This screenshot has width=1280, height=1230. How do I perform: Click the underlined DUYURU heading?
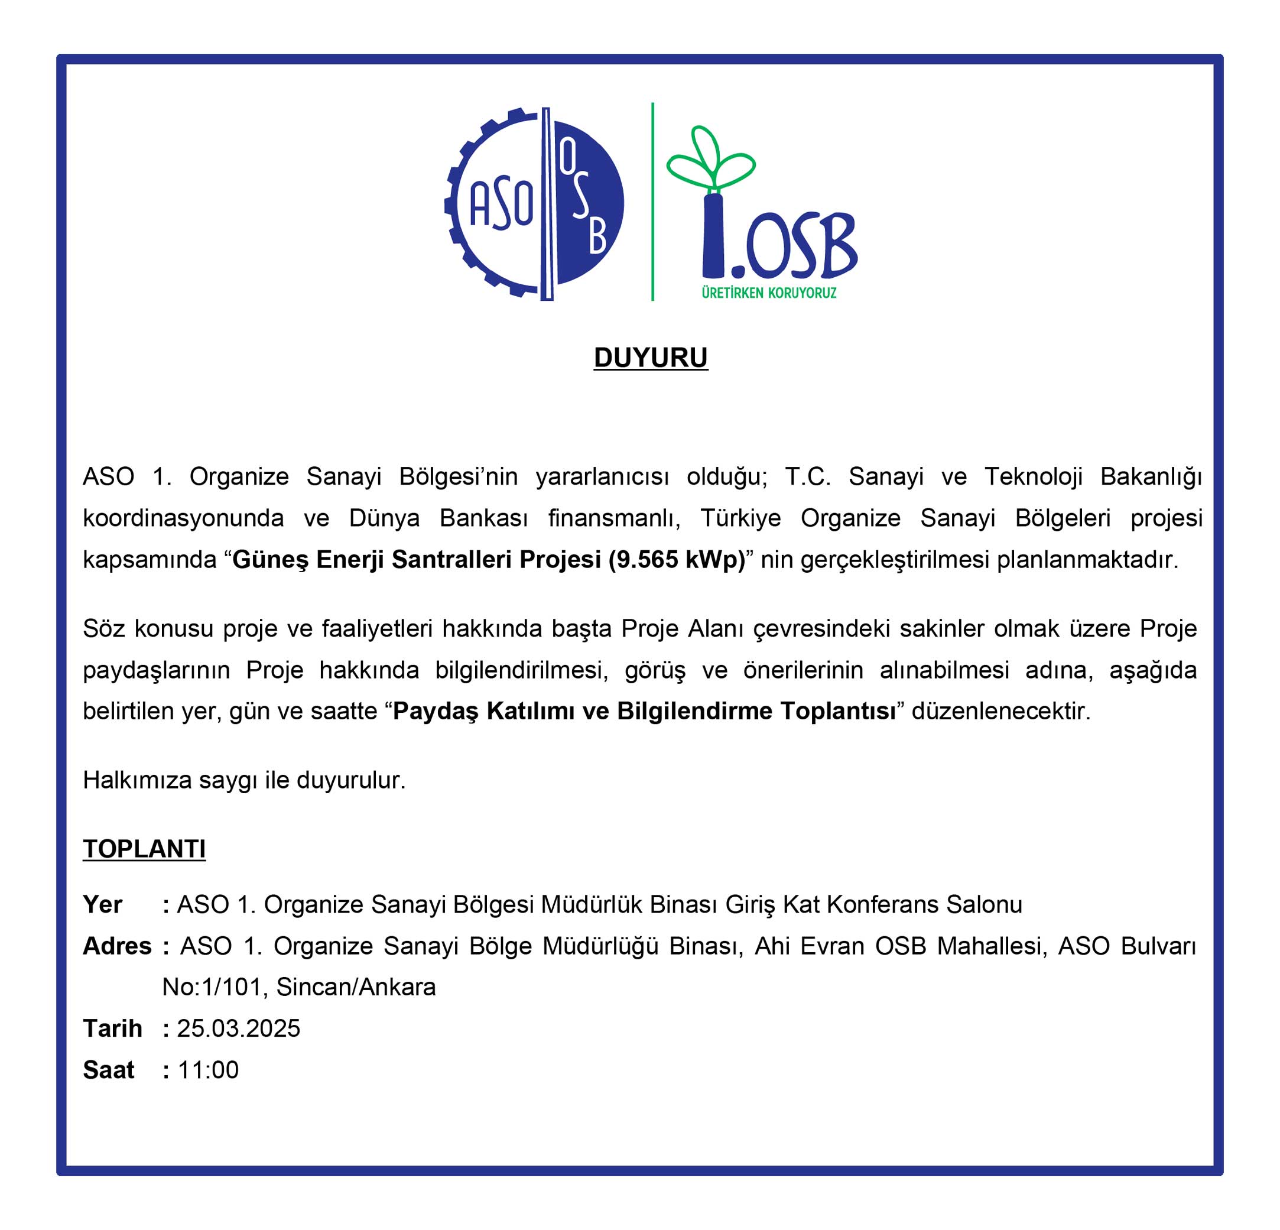coord(651,358)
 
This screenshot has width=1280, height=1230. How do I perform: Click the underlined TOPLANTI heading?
coord(144,849)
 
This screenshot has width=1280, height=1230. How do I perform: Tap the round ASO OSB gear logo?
coord(534,203)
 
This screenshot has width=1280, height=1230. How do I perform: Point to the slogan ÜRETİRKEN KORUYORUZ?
coord(769,293)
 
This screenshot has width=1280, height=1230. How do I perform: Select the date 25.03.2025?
coord(238,1028)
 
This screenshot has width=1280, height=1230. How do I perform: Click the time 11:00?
coord(207,1069)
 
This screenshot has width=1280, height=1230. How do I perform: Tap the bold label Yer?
coord(103,904)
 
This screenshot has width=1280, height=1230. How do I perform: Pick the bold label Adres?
coord(117,945)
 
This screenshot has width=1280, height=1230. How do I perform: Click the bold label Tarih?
coord(112,1028)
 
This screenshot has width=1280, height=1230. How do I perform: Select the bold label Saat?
coord(108,1069)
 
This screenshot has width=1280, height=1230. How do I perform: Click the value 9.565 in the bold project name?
coord(652,559)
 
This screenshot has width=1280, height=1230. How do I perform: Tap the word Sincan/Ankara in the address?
coord(356,986)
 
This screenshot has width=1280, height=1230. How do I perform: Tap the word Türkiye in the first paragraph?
coord(740,517)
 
